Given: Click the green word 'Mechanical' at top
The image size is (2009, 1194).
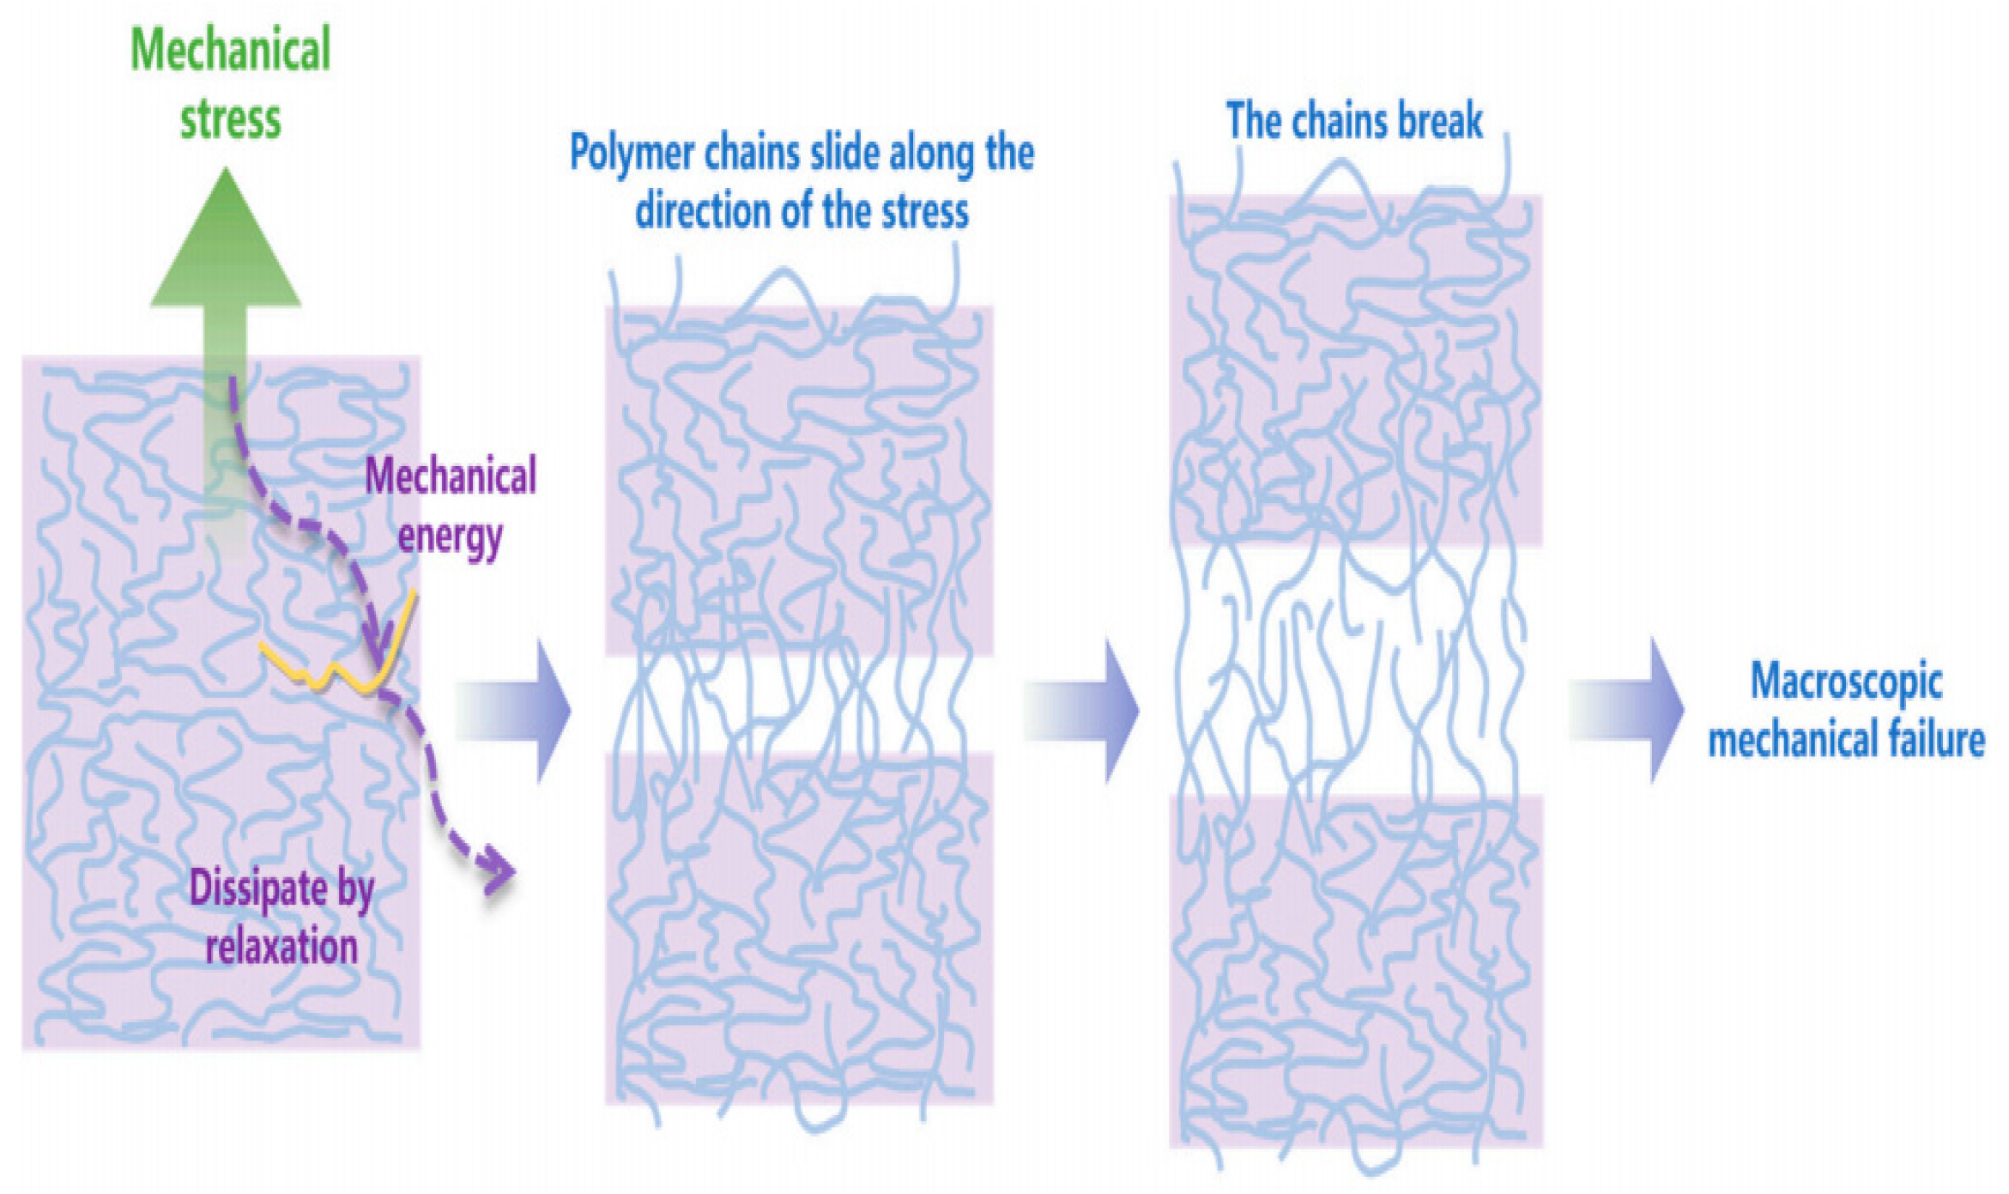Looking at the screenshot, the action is (230, 50).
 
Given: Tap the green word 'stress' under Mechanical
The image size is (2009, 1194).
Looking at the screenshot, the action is (230, 118).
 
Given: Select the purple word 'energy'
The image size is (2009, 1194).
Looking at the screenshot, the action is (450, 536).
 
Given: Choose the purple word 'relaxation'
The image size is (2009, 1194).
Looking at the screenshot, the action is (281, 947).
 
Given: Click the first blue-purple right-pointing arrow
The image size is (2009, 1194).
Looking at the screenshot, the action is (515, 711).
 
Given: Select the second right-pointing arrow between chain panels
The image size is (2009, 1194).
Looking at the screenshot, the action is (1083, 711).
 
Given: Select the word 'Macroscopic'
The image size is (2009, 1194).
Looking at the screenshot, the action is (1846, 682).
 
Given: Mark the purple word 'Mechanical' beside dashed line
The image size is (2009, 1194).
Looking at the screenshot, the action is (451, 476).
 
